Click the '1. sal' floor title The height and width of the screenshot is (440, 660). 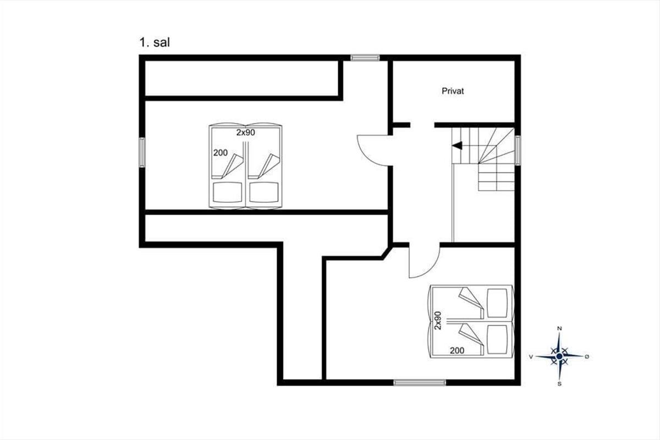pos(155,43)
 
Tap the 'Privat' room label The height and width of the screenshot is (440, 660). pos(453,91)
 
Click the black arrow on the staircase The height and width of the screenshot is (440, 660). pos(457,145)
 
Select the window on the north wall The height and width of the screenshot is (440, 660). pos(365,58)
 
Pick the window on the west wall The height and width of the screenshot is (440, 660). pos(142,152)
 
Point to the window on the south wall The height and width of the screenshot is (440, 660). pos(420,383)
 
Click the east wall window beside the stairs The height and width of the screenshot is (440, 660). pos(518,150)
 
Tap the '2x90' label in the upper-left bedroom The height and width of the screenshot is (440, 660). pos(245,133)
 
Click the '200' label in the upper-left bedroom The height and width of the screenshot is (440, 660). pos(221,153)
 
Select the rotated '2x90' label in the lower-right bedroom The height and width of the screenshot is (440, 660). pos(438,320)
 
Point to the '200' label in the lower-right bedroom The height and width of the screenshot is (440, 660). pos(457,350)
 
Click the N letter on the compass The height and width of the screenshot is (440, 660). pos(559,328)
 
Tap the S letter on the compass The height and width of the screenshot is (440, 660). pos(559,384)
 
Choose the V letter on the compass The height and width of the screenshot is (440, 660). pos(531,357)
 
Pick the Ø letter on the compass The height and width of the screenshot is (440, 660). pos(587,356)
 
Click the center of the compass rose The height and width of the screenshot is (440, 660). pos(559,356)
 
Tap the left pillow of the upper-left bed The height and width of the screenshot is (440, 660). pos(228,193)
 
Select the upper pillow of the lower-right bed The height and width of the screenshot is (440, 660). pos(497,303)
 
